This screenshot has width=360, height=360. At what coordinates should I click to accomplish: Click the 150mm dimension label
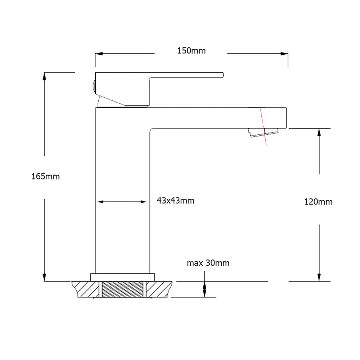[191, 51]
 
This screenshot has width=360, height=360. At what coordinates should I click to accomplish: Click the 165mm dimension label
[45, 176]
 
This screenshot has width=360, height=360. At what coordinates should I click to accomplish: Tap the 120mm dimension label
[318, 202]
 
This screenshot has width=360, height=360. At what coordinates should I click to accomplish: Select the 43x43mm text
[175, 201]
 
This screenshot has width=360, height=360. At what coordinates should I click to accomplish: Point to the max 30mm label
[208, 263]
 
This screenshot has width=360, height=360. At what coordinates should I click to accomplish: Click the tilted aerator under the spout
[263, 133]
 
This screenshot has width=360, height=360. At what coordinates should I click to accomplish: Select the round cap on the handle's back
[93, 86]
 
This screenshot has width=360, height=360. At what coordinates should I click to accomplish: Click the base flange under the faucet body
[122, 277]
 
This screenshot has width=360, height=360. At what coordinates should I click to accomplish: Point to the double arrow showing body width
[122, 202]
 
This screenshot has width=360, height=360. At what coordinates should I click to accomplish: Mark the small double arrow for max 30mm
[204, 289]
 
